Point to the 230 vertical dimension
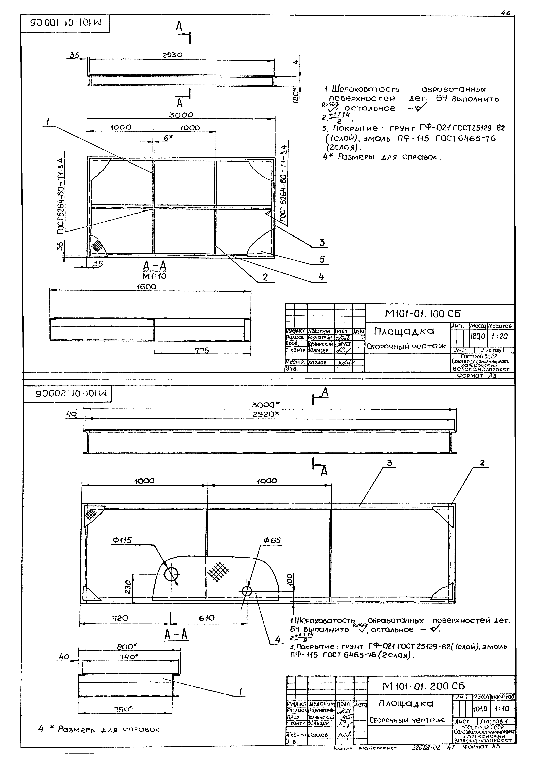point(128,587)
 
